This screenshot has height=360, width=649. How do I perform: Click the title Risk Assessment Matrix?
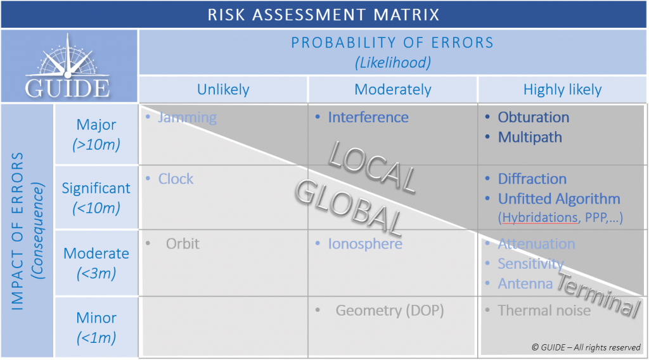pyautogui.click(x=324, y=15)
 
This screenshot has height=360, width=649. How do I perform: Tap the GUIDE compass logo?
pyautogui.click(x=68, y=66)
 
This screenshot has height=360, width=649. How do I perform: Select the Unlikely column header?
pyautogui.click(x=223, y=89)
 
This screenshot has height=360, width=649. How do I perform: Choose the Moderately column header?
pyautogui.click(x=393, y=89)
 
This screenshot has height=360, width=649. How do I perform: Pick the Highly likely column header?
pyautogui.click(x=562, y=89)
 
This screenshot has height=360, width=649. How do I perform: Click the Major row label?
pyautogui.click(x=96, y=124)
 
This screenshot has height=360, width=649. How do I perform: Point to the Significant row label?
pyautogui.click(x=96, y=188)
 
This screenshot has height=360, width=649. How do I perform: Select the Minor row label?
pyautogui.click(x=96, y=318)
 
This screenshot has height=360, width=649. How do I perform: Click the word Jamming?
pyautogui.click(x=187, y=117)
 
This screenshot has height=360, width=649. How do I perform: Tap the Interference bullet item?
pyautogui.click(x=368, y=117)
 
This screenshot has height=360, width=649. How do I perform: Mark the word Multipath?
pyautogui.click(x=530, y=137)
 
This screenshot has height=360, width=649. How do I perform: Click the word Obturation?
pyautogui.click(x=534, y=117)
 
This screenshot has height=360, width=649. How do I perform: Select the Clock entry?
pyautogui.click(x=176, y=179)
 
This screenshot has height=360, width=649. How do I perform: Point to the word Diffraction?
pyautogui.click(x=532, y=179)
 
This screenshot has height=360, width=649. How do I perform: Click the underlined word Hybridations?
pyautogui.click(x=541, y=217)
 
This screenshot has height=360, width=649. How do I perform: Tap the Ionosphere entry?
pyautogui.click(x=365, y=243)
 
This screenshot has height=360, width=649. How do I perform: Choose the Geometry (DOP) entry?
pyautogui.click(x=390, y=311)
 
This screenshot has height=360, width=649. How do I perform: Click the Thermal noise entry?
pyautogui.click(x=544, y=311)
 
